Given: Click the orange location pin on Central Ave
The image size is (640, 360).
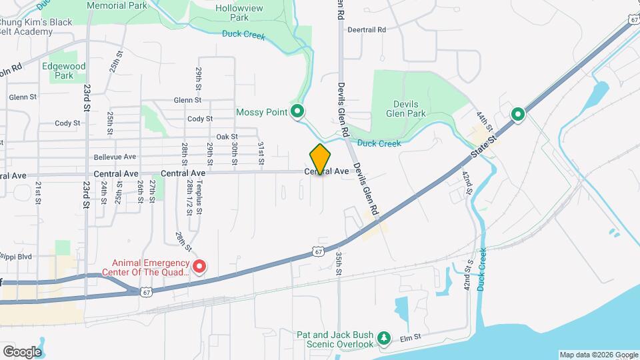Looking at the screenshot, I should pyautogui.click(x=320, y=159).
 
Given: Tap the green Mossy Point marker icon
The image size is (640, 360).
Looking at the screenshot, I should pyautogui.click(x=298, y=111).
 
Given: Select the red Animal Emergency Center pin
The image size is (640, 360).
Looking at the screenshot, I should pyautogui.click(x=199, y=267).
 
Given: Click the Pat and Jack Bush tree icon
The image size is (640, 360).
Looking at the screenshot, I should pyautogui.click(x=383, y=339).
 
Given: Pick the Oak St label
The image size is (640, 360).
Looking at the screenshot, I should pyautogui.click(x=227, y=136).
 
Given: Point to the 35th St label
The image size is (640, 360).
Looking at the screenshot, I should pyautogui.click(x=339, y=262).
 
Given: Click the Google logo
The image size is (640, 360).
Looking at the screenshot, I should pyautogui.click(x=22, y=351).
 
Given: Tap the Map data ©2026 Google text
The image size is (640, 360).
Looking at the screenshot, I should pyautogui.click(x=599, y=355).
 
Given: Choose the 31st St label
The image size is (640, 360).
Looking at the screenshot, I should pyautogui.click(x=261, y=153).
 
